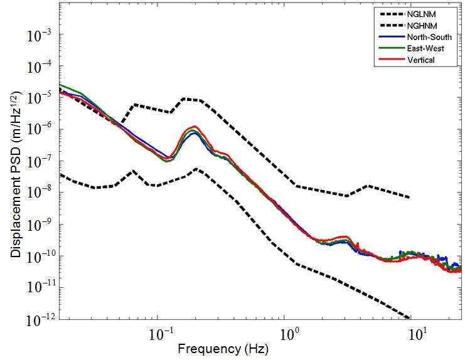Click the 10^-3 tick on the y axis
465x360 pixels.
[39, 36]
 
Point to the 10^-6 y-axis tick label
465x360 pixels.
[39, 130]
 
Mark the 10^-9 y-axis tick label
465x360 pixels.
[39, 225]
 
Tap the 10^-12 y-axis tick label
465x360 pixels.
[38, 320]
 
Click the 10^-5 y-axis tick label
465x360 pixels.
[39, 99]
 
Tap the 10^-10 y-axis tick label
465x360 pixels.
[38, 257]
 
